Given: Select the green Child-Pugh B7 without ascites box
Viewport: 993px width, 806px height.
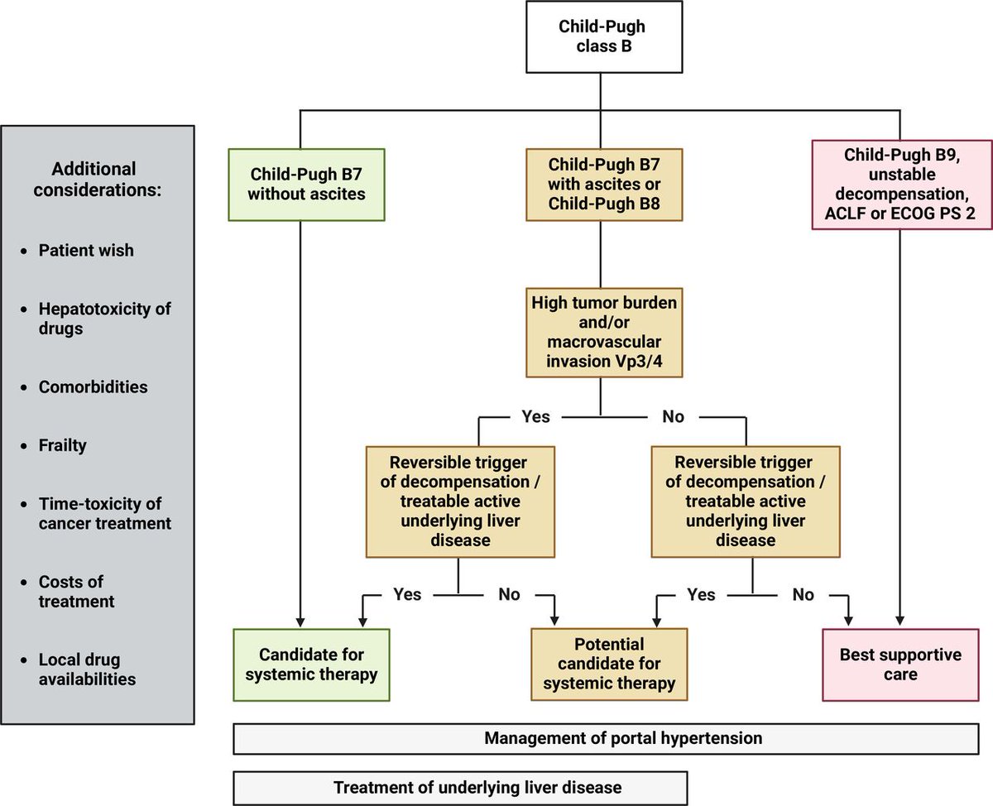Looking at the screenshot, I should tap(306, 184).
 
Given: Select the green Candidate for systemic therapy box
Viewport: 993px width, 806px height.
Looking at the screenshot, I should tap(310, 664).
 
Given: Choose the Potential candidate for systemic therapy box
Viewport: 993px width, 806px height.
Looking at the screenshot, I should tap(609, 664).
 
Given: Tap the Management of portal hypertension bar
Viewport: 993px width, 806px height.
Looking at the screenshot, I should tap(612, 737).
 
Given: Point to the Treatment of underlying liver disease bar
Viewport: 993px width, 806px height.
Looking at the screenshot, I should tap(460, 788).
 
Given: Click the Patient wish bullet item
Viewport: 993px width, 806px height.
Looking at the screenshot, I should tap(85, 250).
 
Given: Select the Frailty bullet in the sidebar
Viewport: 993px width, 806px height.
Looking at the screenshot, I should tap(62, 445).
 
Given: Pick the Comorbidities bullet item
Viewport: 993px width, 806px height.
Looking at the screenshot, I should tap(93, 386).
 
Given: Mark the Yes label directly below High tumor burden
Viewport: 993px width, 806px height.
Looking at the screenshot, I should tap(535, 416).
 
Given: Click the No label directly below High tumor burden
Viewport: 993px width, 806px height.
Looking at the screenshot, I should tap(674, 416).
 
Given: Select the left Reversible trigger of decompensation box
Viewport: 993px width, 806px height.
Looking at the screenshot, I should tap(460, 501).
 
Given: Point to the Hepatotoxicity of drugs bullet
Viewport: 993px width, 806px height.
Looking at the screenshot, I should tap(104, 319).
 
